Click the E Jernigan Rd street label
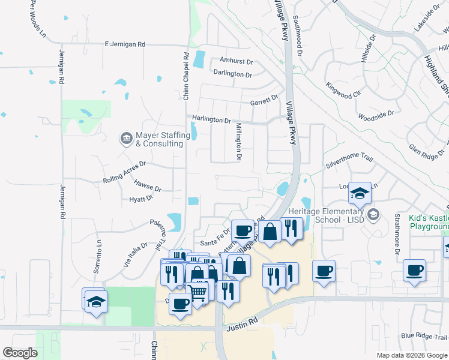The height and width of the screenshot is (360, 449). coord(125,44)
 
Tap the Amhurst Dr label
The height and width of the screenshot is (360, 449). coord(237,61)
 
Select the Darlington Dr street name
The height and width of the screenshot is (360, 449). coord(232,74)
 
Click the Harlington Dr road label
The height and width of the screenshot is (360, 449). coord(211,120)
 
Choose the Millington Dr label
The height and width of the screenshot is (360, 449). coord(238,142)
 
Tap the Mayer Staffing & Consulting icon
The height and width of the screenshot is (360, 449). coord(126,139)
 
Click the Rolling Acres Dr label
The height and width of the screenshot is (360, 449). coord(124,172)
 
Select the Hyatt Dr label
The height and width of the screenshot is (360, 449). coord(142,199)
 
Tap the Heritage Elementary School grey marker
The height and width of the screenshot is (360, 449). coord(373,214)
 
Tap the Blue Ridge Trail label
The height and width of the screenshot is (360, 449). coord(424,335)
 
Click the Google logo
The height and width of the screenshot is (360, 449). coord(20,353)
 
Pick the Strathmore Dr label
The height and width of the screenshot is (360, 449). coord(397,233)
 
